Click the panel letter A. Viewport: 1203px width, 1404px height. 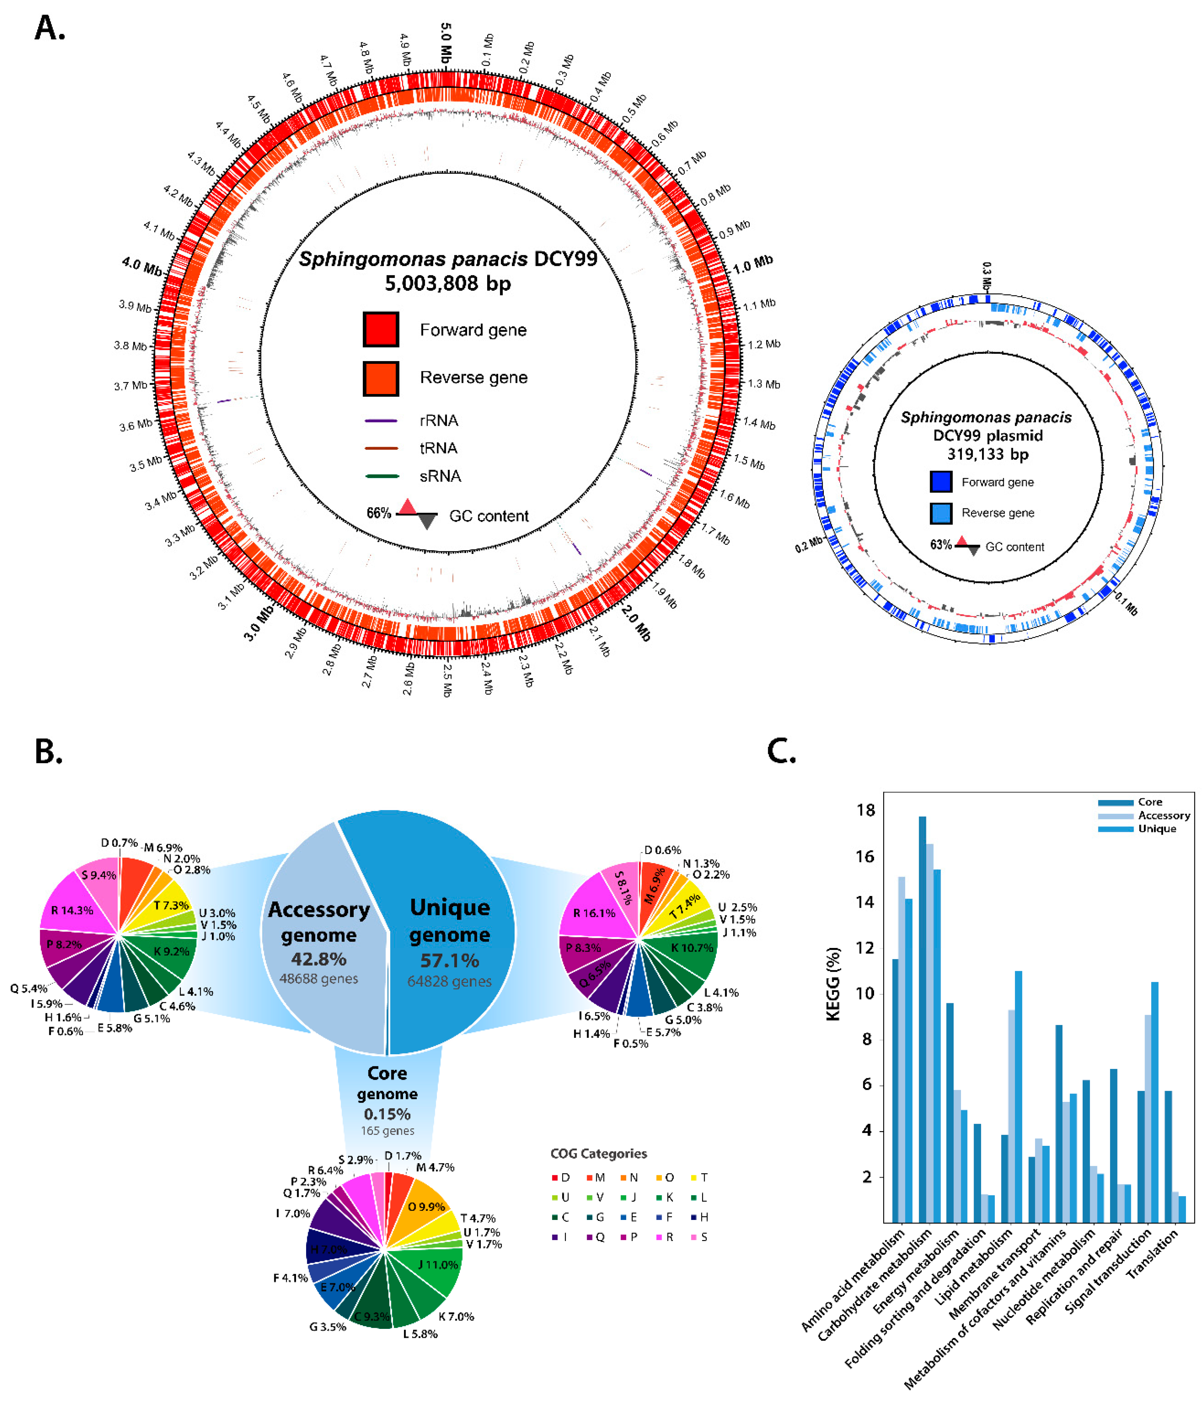tap(49, 29)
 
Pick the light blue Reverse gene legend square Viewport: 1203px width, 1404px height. tap(941, 513)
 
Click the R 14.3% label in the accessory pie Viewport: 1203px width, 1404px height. tap(72, 910)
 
